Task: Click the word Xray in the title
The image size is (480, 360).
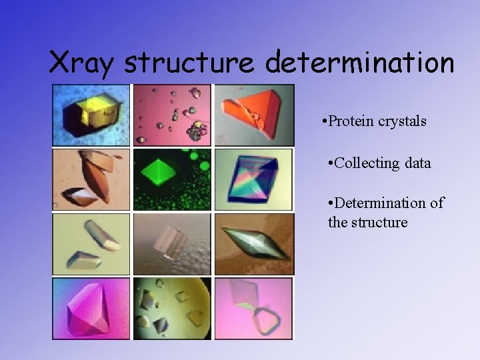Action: click(x=83, y=63)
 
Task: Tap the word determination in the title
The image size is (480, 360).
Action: click(x=359, y=63)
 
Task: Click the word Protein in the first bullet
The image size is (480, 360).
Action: click(x=351, y=121)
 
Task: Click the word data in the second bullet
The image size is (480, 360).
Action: click(x=417, y=163)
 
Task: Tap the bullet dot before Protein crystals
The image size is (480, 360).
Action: click(x=323, y=122)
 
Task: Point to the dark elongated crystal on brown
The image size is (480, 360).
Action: click(x=255, y=243)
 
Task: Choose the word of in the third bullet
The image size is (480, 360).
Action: click(x=437, y=203)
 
